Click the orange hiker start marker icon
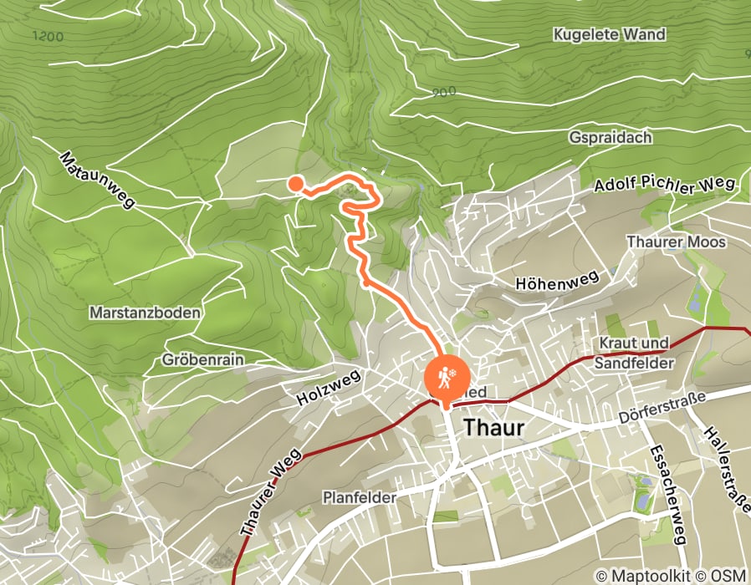[443, 377]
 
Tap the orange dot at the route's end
[295, 183]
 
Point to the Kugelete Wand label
[609, 35]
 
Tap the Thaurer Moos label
[677, 242]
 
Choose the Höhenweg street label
[557, 280]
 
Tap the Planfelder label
[359, 497]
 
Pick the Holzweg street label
[328, 389]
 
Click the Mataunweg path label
[97, 179]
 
